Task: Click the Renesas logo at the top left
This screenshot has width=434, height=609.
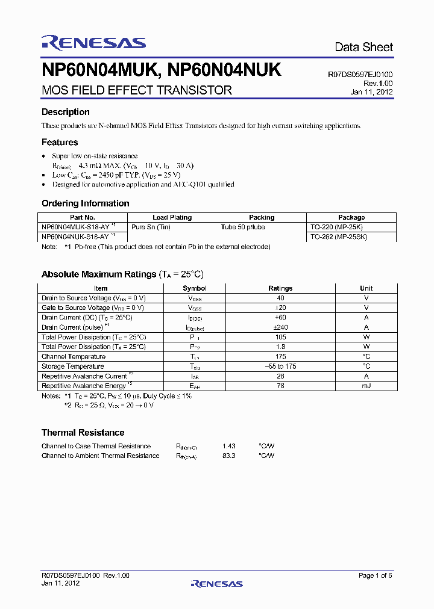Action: (93, 42)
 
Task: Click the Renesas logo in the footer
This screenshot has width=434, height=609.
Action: (216, 583)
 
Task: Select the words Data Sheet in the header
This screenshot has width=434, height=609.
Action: (363, 47)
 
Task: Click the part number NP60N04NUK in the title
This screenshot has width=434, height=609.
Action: (224, 70)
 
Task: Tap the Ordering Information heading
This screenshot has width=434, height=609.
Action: (85, 203)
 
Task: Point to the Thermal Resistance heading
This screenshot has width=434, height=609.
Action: (83, 433)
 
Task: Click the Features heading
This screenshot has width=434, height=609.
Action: (60, 143)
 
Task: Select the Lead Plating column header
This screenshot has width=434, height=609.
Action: (172, 217)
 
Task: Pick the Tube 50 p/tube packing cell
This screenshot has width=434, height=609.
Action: (243, 227)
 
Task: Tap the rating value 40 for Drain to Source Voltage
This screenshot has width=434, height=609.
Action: (280, 298)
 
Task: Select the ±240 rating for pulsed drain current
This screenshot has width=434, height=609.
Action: (280, 327)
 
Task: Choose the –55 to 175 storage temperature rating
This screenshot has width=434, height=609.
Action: (280, 366)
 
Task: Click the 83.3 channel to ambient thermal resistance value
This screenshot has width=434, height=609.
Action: (228, 456)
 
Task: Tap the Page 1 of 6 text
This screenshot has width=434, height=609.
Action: (375, 576)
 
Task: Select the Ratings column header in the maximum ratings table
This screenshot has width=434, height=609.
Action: (280, 288)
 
